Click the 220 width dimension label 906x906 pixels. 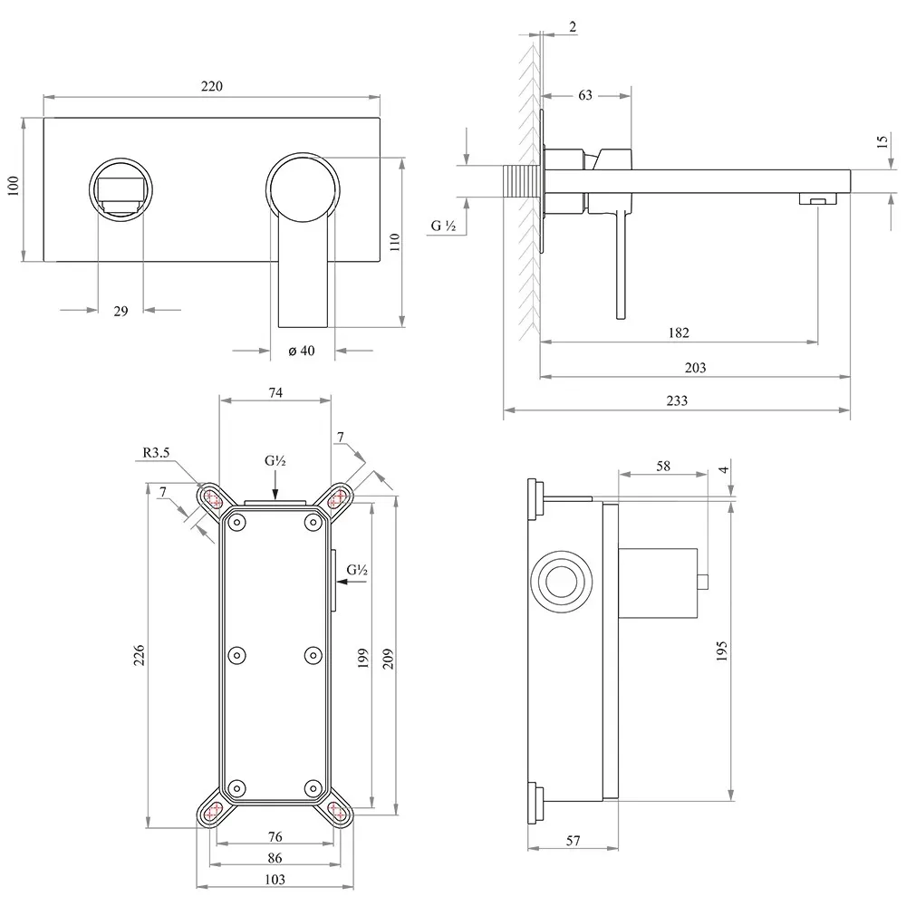point(211,86)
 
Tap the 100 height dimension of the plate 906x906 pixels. point(14,186)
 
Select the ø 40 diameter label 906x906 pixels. point(302,350)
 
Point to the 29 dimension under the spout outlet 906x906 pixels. point(120,311)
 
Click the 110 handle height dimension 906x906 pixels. point(395,242)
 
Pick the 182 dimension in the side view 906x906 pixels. point(679,333)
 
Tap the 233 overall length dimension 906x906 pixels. point(677,400)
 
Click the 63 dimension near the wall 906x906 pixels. point(585,95)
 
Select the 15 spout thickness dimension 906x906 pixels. point(882,141)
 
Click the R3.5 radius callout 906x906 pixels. point(156,452)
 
